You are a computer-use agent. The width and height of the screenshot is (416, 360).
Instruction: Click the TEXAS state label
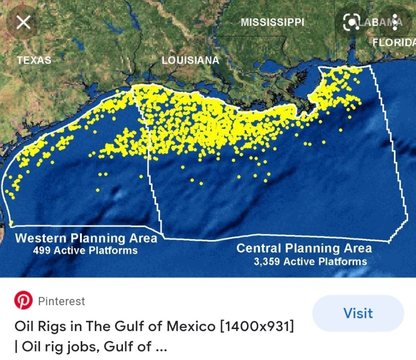pos(34,60)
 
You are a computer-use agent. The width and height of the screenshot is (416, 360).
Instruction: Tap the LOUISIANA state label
pos(190,60)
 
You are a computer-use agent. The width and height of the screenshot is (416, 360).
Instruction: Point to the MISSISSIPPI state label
pos(272,22)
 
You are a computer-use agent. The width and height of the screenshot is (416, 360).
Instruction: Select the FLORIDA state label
pos(394,43)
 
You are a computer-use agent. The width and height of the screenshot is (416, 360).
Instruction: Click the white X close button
pos(23,22)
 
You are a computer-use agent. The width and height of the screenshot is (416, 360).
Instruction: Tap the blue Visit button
pos(358,313)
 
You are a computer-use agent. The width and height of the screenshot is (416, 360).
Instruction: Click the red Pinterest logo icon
pos(23,301)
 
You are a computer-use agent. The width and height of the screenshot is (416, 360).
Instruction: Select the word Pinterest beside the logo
pos(61,301)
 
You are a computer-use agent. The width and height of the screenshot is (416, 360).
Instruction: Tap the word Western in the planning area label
pos(41,238)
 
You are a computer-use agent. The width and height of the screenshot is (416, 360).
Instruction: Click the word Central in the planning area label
pos(259,248)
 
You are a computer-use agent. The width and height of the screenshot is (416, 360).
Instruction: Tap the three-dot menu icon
pos(395,22)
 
